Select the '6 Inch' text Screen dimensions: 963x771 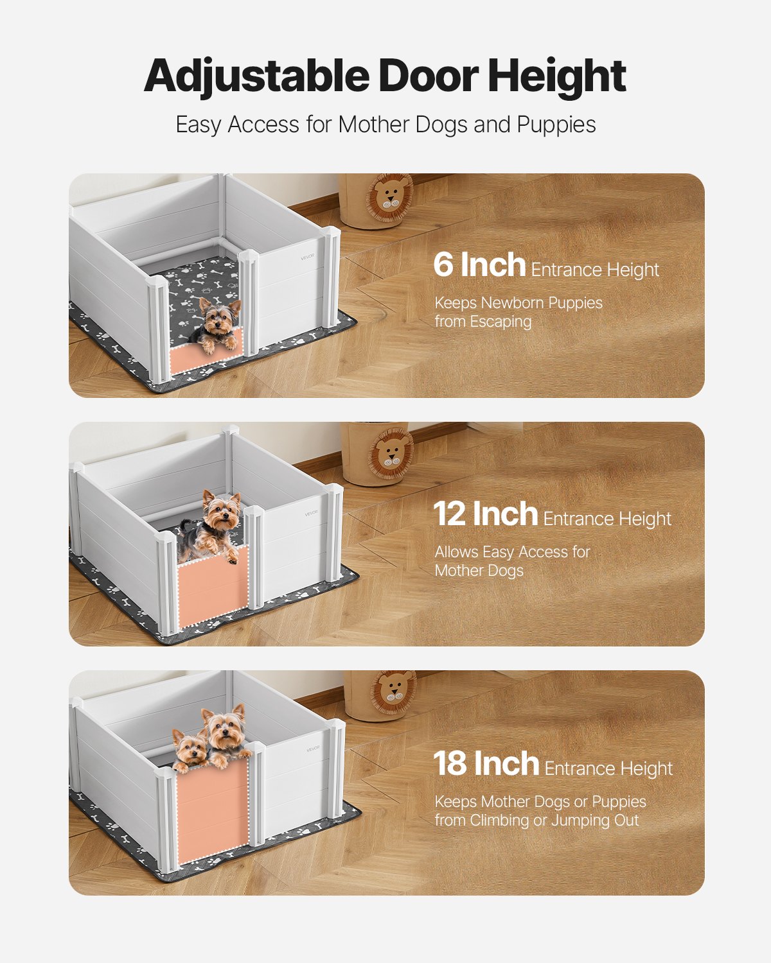pos(479,265)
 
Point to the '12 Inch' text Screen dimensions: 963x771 pos(485,514)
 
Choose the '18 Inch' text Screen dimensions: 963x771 pos(486,764)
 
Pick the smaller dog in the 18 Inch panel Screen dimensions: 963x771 pos(190,749)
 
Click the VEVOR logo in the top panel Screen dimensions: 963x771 pos(308,257)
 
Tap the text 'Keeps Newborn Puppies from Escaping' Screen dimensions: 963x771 pos(518,312)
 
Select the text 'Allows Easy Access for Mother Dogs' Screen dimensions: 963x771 pos(511,561)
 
